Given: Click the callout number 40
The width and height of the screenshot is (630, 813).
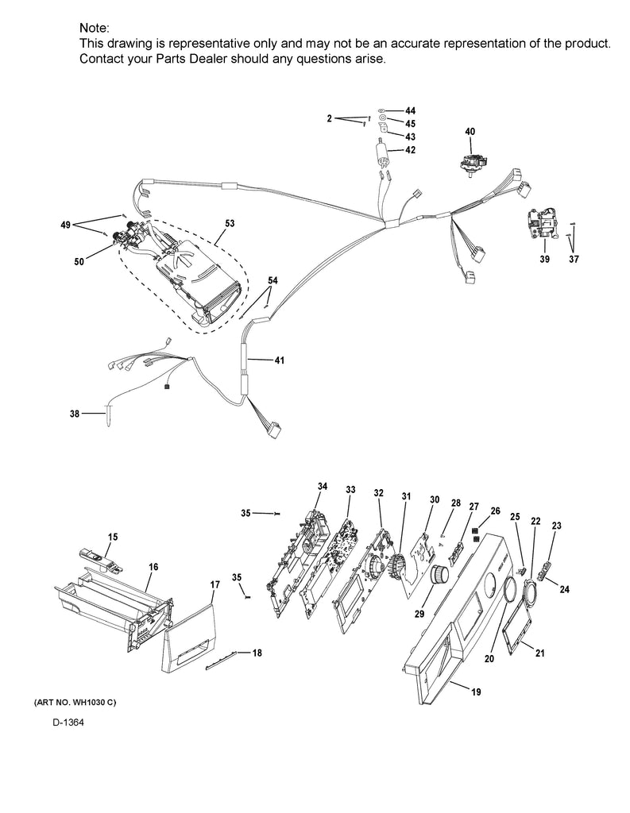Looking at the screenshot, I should click(470, 131).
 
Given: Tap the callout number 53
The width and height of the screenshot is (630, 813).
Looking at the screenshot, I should click(229, 224).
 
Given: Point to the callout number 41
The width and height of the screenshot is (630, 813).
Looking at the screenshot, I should click(279, 360).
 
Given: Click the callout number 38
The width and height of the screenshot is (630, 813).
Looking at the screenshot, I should click(75, 414).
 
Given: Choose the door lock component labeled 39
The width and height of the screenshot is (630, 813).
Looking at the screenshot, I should click(543, 225).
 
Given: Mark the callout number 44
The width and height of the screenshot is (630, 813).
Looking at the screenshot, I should click(410, 110).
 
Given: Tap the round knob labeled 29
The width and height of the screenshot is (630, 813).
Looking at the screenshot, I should click(439, 575).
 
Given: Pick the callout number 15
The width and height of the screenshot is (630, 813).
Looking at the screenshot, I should click(113, 538).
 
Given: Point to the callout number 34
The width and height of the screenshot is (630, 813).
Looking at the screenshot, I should click(323, 486).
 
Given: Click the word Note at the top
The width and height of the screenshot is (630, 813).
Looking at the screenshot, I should click(95, 28).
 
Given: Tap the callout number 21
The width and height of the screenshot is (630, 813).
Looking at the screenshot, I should click(540, 653).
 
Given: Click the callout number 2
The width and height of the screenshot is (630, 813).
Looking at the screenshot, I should click(329, 118).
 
